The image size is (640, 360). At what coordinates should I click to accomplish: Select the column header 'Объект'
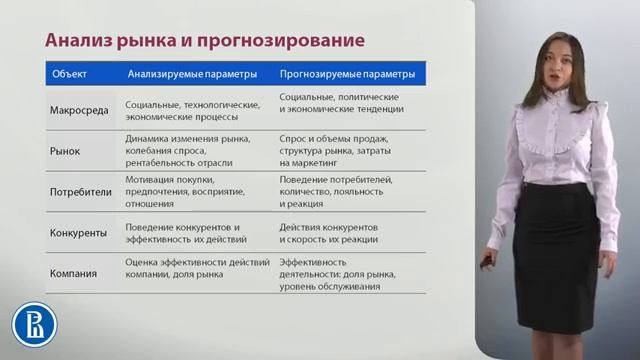68,73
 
